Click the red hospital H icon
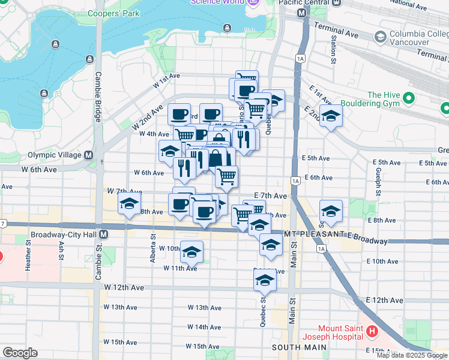point(372,331)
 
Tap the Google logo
point(20,353)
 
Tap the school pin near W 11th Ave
point(191,252)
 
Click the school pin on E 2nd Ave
point(330,116)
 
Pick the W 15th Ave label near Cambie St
point(120,342)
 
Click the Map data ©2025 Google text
point(411,355)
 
